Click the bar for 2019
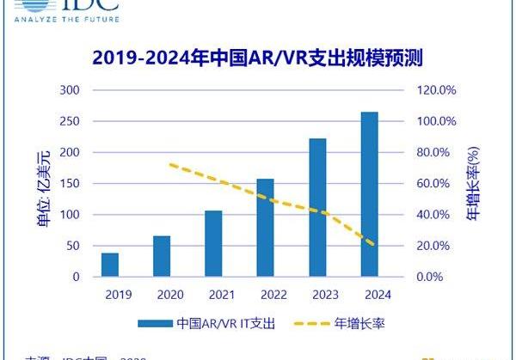tap(110, 265)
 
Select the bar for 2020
tap(162, 256)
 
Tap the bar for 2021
tap(213, 244)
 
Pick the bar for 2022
tap(266, 228)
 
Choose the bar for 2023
tap(317, 207)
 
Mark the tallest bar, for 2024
tap(370, 194)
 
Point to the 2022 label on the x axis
tap(266, 294)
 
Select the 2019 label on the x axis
tap(110, 294)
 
